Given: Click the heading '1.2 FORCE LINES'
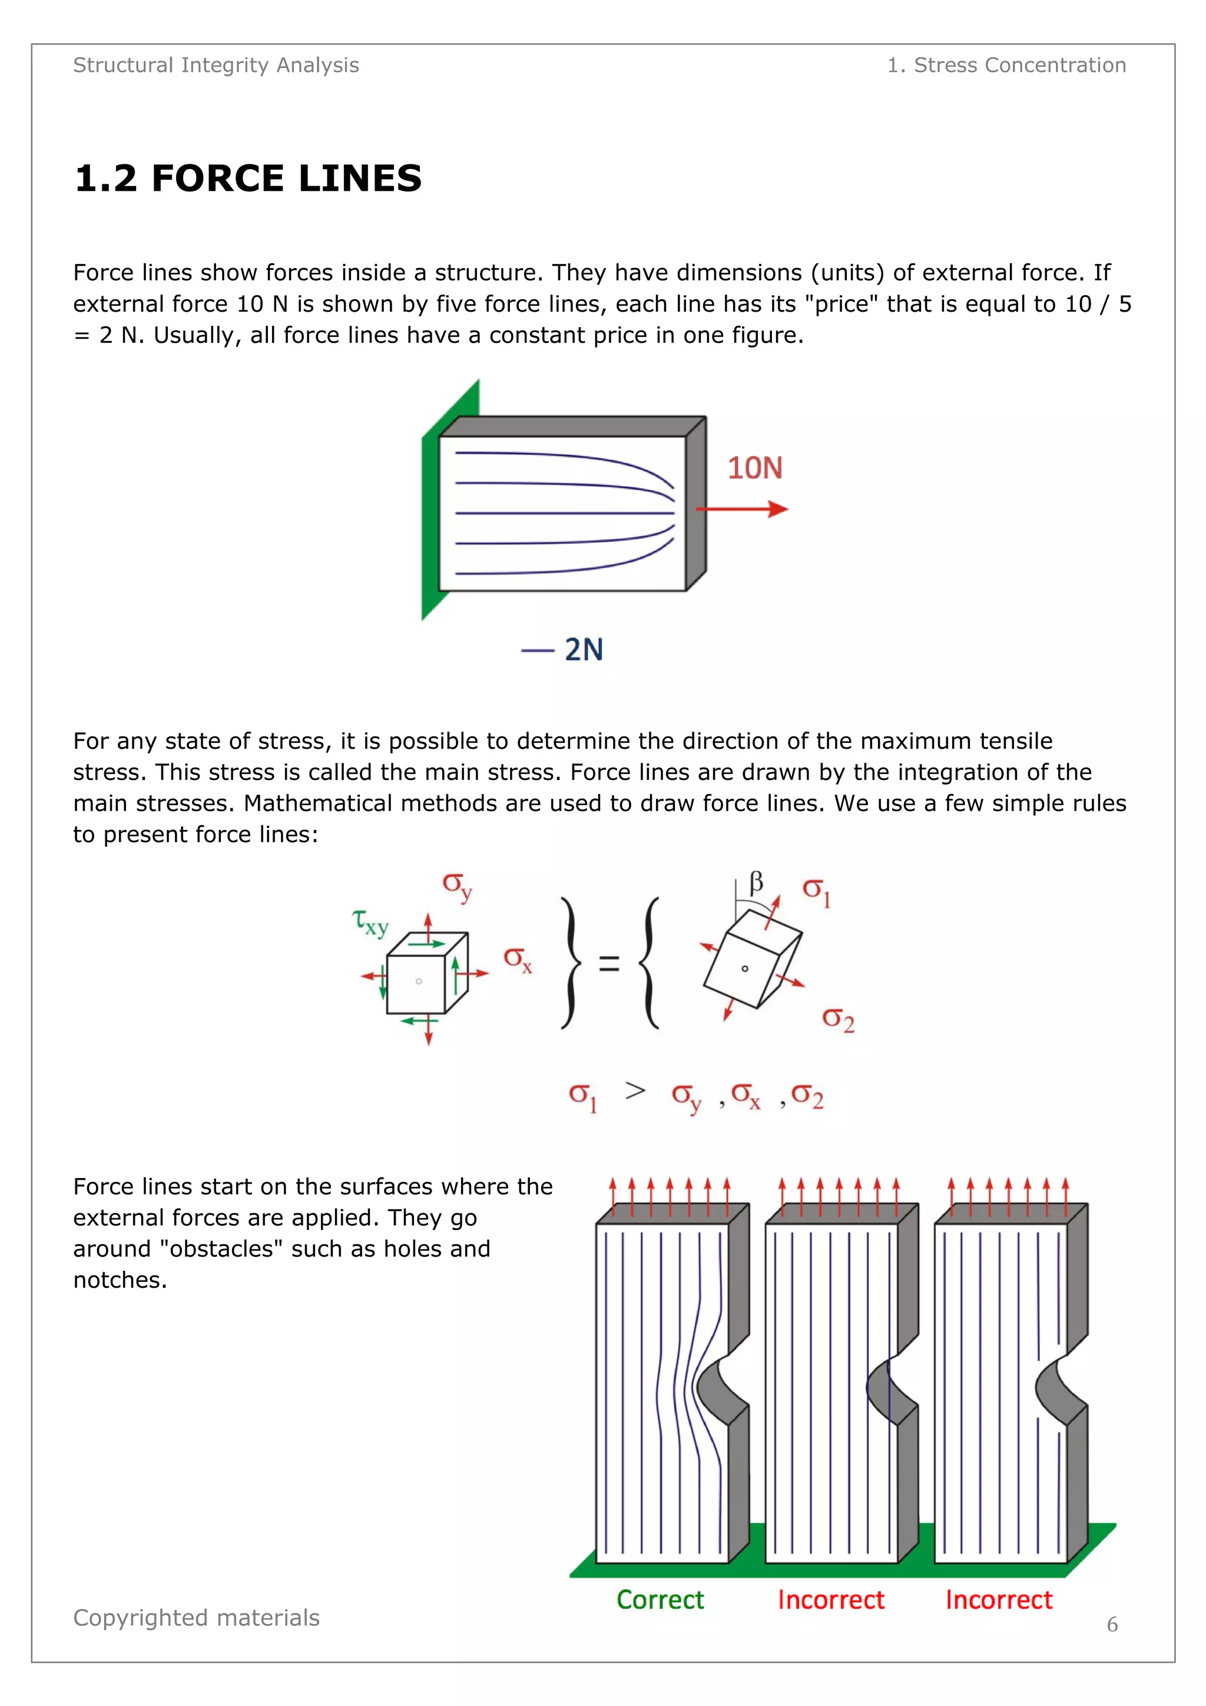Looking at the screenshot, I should click(248, 179).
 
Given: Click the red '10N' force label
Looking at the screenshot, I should click(754, 468).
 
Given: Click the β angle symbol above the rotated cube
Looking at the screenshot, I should click(756, 882).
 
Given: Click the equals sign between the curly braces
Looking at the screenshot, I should click(609, 964).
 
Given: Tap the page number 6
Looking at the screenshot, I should click(1112, 1624).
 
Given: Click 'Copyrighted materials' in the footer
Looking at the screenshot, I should click(196, 1618).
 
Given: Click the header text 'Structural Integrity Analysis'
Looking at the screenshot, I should click(216, 65).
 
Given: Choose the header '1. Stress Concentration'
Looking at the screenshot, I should click(1006, 65).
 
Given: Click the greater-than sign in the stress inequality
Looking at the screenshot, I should click(635, 1091).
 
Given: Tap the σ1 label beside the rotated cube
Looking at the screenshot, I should click(816, 891).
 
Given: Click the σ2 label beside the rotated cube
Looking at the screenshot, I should click(838, 1020).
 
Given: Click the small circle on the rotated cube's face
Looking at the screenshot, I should click(745, 968).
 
